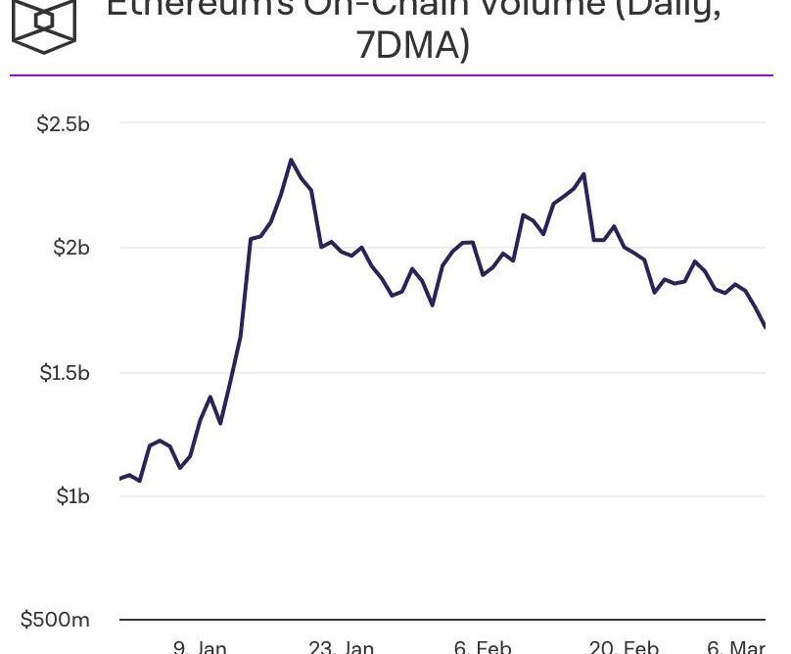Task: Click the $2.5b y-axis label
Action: click(x=63, y=124)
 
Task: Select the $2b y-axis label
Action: click(x=70, y=248)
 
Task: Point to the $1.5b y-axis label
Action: click(x=64, y=373)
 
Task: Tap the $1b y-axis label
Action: click(x=72, y=496)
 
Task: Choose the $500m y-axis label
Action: click(x=55, y=620)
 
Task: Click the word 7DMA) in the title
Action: click(x=412, y=45)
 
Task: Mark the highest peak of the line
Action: click(x=291, y=160)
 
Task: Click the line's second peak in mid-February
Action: click(x=584, y=174)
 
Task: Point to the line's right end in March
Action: click(x=765, y=326)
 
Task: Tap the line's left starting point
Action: click(x=120, y=479)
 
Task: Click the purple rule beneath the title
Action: click(x=392, y=75)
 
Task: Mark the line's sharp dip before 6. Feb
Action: click(x=433, y=305)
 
